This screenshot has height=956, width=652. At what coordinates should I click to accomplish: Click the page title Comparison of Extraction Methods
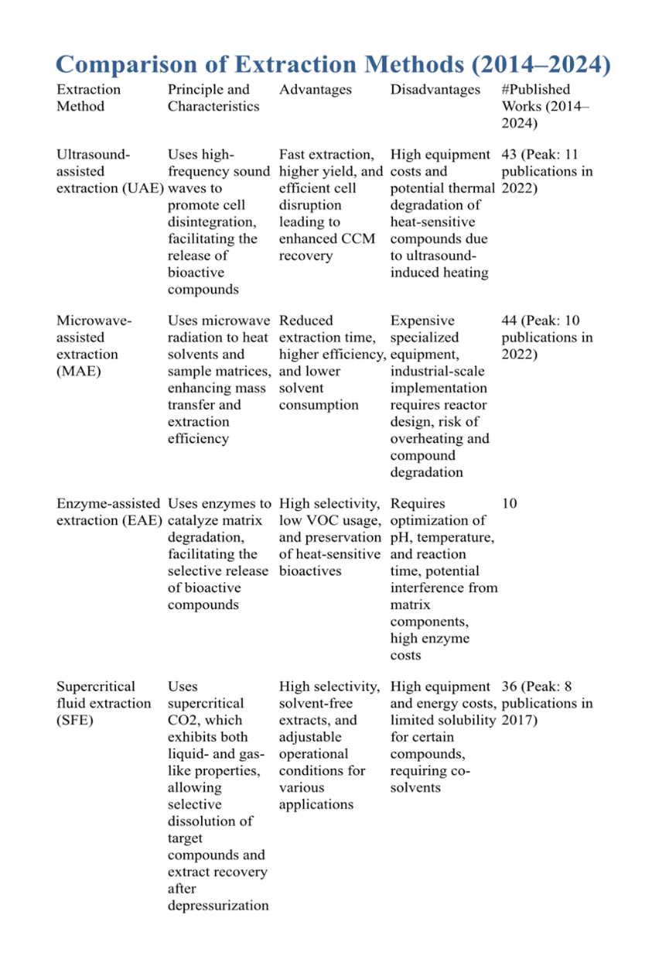click(x=329, y=64)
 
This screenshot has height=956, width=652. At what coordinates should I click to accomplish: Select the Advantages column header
click(x=315, y=90)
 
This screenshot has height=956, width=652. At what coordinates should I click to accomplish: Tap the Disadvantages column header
click(x=435, y=90)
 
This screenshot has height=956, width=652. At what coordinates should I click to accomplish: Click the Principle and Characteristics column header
click(x=213, y=98)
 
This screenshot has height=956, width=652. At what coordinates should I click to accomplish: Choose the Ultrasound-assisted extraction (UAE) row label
click(x=109, y=171)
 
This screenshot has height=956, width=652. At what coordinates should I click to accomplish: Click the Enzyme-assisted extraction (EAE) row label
click(x=109, y=512)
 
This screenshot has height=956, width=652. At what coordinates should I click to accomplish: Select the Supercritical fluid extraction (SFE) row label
click(x=103, y=703)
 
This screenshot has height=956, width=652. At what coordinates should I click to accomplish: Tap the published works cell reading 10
click(x=509, y=504)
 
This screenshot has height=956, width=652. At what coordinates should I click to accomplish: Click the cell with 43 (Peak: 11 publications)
click(x=546, y=171)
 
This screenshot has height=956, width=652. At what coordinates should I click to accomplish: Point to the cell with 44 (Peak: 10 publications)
click(x=546, y=338)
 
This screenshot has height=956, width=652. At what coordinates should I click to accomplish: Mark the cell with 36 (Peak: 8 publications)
click(x=546, y=703)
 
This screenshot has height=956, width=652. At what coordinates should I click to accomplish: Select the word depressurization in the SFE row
click(x=218, y=905)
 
